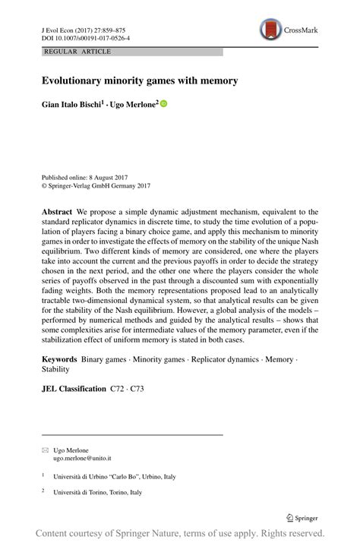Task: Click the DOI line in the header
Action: [85, 36]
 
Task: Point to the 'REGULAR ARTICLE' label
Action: [77, 52]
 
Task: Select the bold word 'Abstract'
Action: [57, 211]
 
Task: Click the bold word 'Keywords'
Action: [58, 357]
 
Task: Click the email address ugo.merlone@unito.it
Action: [82, 459]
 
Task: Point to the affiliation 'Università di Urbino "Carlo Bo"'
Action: [114, 477]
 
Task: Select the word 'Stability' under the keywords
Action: [55, 368]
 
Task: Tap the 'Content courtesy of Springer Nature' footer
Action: [180, 533]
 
